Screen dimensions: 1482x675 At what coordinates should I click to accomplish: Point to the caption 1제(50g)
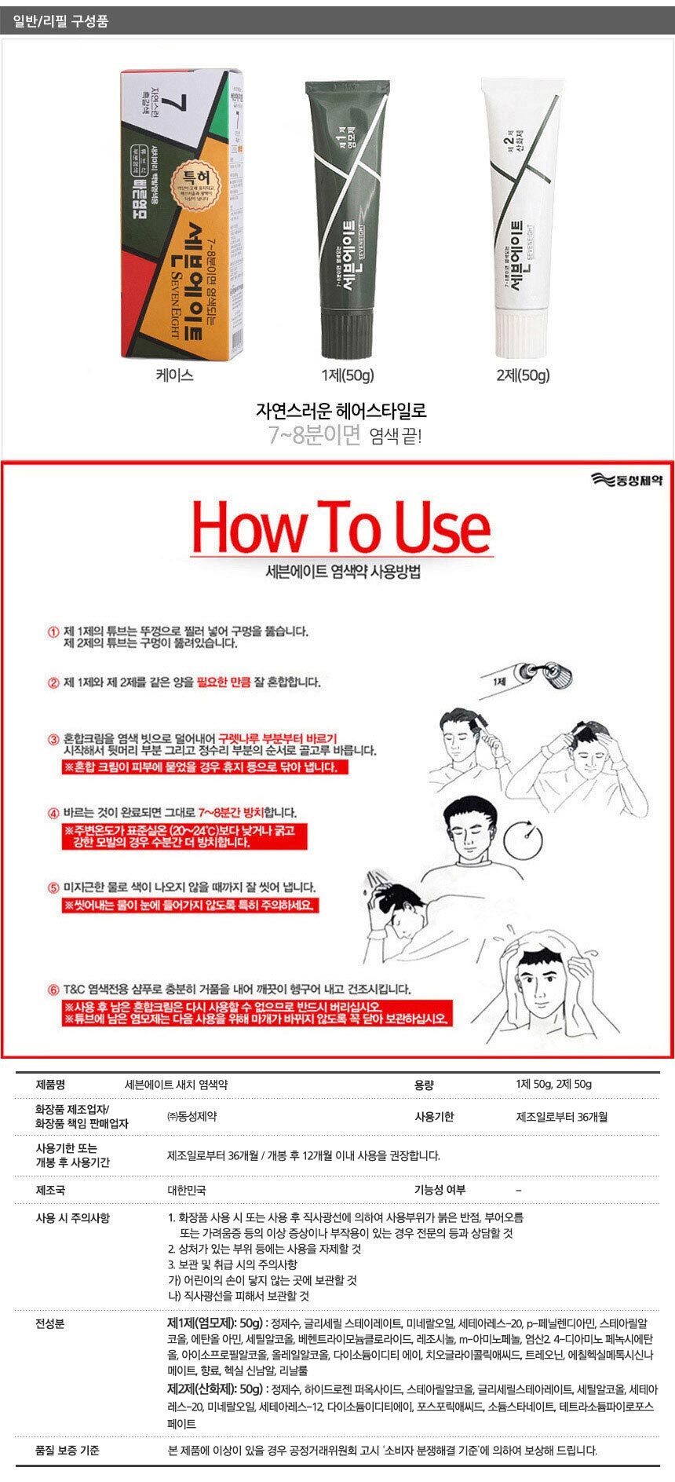coord(347,375)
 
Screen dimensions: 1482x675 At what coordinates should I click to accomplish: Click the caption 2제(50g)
coord(524,375)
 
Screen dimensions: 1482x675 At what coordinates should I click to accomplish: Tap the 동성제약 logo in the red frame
coord(627,480)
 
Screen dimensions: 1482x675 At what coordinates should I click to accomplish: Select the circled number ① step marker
coord(53,632)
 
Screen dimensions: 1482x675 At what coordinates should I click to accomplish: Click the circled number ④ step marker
coord(53,813)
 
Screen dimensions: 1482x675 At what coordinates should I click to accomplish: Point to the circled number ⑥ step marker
coord(53,990)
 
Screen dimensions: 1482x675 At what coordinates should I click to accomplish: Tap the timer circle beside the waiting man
coord(524,840)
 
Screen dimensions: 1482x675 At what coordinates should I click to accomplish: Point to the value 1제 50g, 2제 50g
coord(553,1085)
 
